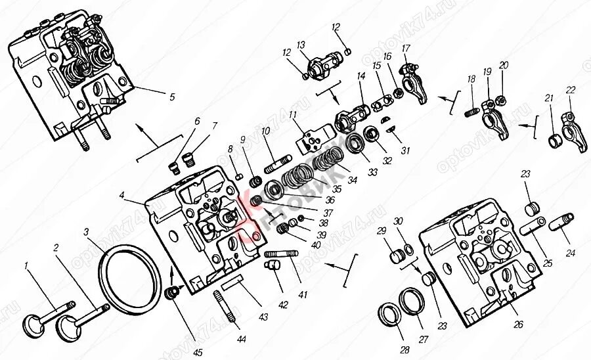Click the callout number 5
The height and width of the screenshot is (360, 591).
171,97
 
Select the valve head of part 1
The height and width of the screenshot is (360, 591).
33,323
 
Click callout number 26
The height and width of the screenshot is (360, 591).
519,324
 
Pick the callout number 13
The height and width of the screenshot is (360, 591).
301,45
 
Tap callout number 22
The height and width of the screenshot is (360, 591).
570,90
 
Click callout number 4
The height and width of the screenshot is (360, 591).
122,194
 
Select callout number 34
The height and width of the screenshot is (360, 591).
353,179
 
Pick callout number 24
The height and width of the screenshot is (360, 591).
569,253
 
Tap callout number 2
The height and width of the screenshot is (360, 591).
56,248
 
